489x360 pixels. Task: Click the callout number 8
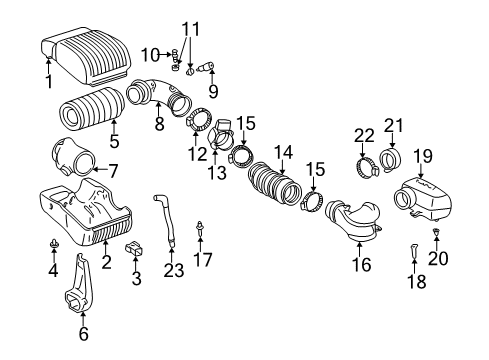click(158, 124)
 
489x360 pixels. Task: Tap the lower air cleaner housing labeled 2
click(85, 219)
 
